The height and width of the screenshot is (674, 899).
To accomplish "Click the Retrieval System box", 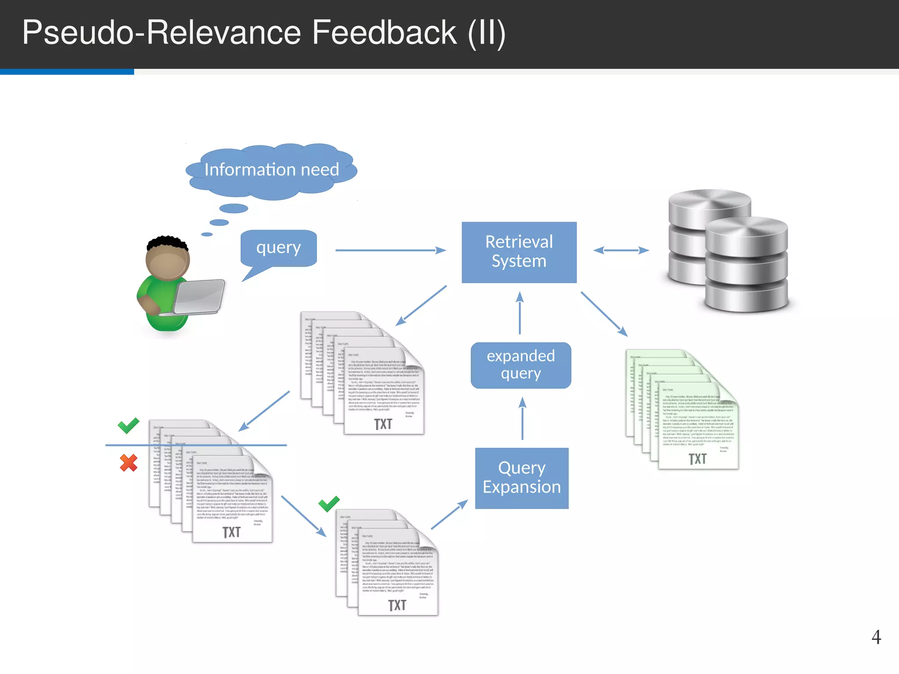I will [519, 252].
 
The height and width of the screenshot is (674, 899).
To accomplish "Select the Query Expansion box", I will [521, 478].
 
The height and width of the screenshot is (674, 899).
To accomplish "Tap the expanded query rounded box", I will [521, 365].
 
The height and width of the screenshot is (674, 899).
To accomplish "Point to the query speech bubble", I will [278, 248].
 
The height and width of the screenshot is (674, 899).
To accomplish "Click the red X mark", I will [129, 463].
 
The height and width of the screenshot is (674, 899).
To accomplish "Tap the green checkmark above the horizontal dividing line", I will [128, 425].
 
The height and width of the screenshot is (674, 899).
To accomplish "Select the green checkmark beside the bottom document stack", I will [329, 503].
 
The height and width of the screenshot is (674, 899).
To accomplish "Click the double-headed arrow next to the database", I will [621, 250].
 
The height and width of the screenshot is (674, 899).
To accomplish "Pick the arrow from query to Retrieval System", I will [390, 250].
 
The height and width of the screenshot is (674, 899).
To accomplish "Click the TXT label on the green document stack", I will [697, 459].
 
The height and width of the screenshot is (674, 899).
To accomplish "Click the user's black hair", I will [167, 242].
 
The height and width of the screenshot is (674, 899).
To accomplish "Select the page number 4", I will [876, 637].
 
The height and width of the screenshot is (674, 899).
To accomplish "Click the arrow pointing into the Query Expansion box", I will [449, 514].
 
